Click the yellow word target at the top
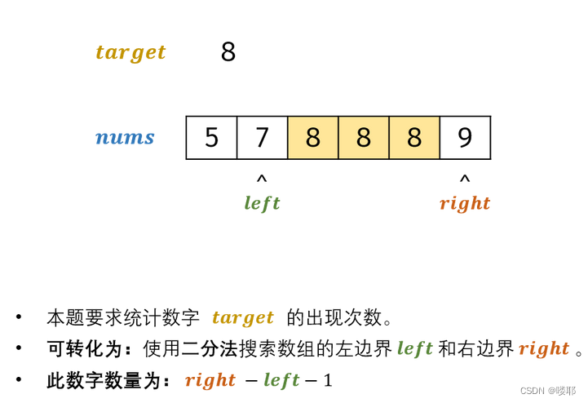point(130,52)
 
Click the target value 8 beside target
point(228,52)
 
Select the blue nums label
point(125,137)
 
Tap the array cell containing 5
point(211,138)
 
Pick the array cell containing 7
point(262,138)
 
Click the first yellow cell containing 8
point(312,138)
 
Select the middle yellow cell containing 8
point(363,138)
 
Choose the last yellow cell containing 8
point(413,138)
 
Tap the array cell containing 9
point(465,138)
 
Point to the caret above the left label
point(262,179)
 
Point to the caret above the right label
point(465,179)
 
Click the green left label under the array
point(262,203)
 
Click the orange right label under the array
point(465,203)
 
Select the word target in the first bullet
point(243,317)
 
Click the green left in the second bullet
point(414,349)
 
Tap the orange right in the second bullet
point(544,349)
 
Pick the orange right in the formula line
point(210,380)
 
